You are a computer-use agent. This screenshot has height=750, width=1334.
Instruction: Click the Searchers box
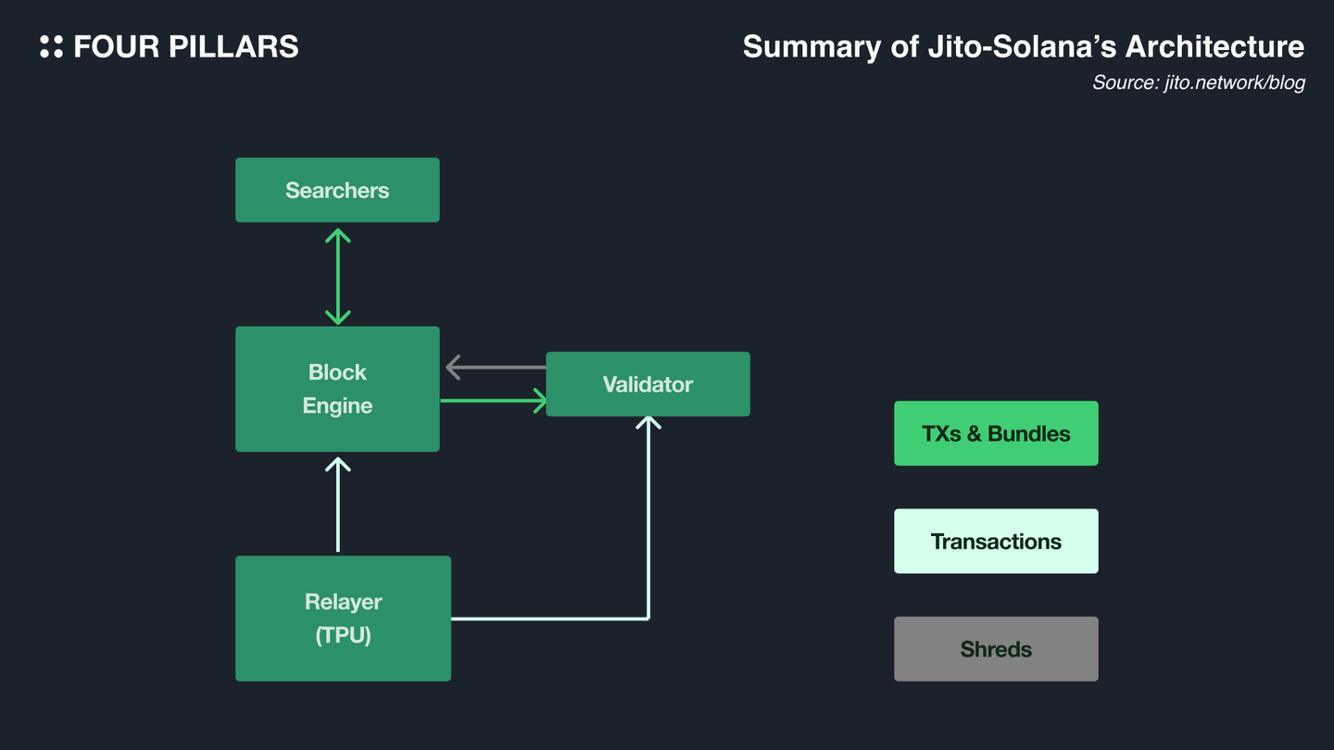(337, 190)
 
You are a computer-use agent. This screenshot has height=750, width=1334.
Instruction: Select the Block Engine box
(337, 389)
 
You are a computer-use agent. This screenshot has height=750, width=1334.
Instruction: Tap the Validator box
(648, 384)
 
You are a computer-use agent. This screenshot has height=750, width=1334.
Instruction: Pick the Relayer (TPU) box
(343, 619)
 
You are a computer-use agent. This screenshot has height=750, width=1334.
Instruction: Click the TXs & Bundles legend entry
(997, 433)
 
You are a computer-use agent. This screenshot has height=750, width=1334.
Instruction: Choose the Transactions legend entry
(997, 541)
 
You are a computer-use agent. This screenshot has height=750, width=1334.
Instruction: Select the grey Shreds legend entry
(997, 649)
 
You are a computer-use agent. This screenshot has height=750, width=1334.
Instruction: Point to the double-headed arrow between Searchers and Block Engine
(337, 277)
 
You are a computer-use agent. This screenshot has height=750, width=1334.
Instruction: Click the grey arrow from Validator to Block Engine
(497, 368)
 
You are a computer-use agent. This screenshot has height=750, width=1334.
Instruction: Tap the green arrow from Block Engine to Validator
(494, 401)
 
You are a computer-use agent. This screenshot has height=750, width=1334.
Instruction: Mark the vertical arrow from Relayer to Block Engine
(337, 505)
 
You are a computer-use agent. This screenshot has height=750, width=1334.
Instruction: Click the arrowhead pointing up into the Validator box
(648, 421)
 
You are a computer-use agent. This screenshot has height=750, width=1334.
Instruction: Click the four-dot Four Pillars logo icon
(51, 46)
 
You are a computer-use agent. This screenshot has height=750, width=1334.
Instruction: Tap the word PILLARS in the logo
(233, 46)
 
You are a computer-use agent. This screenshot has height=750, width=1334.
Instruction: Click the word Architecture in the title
(1214, 46)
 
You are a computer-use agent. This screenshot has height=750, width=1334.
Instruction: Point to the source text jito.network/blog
(1235, 82)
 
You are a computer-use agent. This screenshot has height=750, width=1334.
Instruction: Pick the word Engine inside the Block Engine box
(337, 406)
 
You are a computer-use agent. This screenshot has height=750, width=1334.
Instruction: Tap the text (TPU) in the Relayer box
(343, 635)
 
